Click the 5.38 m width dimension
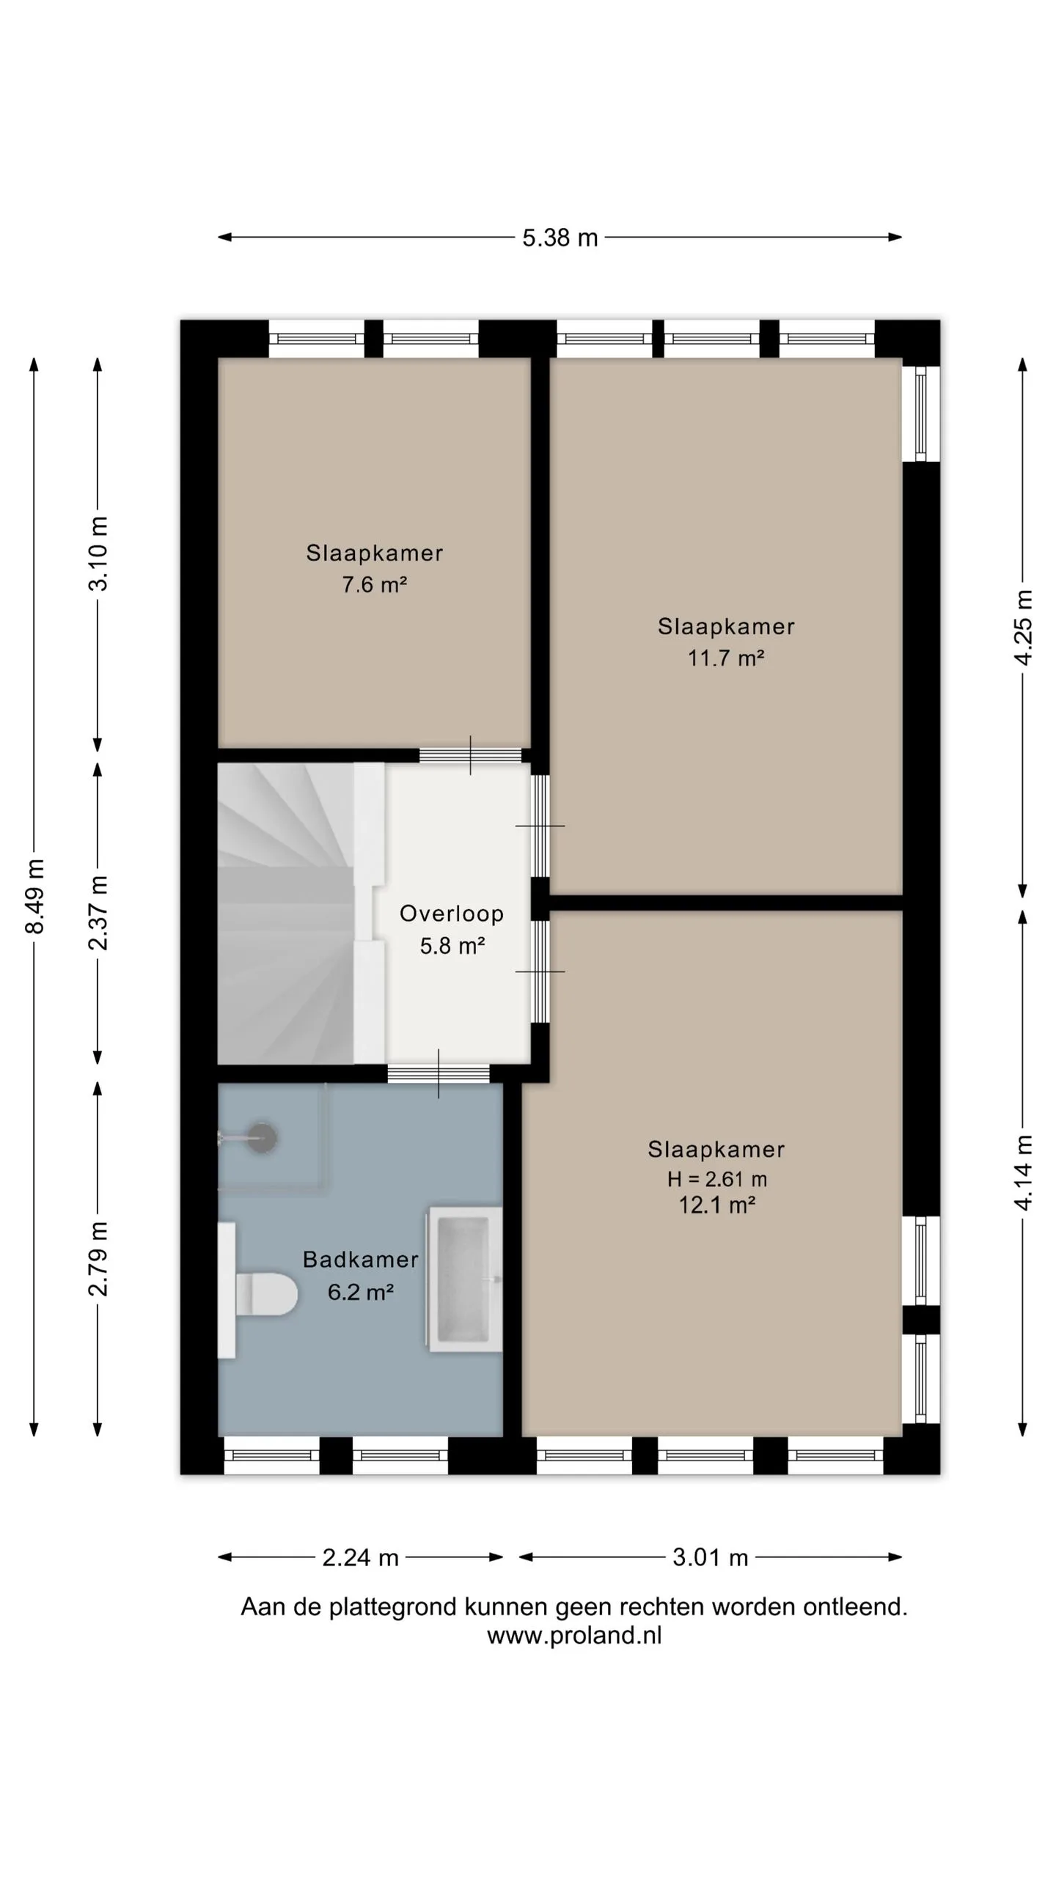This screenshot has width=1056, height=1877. (560, 238)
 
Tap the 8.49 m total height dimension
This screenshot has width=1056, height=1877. (34, 896)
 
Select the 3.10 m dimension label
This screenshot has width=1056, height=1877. (98, 554)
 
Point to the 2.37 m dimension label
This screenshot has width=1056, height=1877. (98, 913)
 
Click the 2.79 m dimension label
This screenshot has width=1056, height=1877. (98, 1259)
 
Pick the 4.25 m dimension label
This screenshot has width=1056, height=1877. (1023, 628)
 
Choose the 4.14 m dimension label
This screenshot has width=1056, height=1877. (1023, 1172)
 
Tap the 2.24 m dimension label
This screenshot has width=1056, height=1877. (360, 1557)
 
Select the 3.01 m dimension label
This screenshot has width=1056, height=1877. (710, 1557)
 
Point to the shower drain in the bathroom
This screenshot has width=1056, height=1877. (261, 1138)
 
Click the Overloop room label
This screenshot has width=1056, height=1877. (452, 914)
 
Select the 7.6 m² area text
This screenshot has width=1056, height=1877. (374, 584)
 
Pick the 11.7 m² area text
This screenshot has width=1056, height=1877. (726, 658)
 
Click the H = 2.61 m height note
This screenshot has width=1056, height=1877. (716, 1179)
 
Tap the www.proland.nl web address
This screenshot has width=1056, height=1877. (574, 1635)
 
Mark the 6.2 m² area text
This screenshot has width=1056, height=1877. (360, 1291)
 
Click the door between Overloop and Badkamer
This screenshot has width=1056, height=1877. (439, 1073)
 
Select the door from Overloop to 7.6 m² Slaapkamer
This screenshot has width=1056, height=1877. (470, 755)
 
